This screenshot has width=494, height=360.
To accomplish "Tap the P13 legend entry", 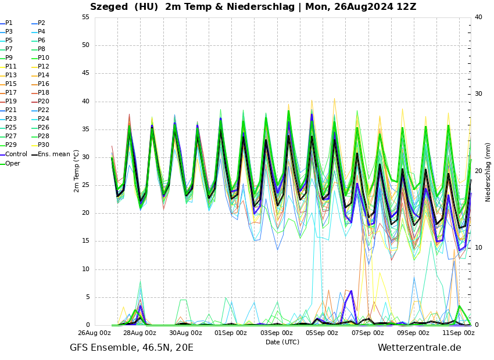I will [x=11, y=75].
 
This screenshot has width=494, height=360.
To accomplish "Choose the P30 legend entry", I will [x=44, y=145].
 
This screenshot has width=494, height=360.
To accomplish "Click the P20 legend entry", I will [x=44, y=102].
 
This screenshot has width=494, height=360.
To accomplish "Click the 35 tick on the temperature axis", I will [x=85, y=129].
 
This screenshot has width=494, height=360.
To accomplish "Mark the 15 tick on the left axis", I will [x=85, y=241].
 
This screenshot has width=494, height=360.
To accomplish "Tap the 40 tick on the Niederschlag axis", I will [x=478, y=17].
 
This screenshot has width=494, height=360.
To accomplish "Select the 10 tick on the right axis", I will [x=478, y=248].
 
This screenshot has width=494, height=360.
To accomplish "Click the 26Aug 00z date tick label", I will [x=94, y=333].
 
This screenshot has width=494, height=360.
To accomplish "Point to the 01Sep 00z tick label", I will [x=231, y=333].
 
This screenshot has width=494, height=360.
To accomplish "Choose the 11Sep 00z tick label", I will [x=459, y=333].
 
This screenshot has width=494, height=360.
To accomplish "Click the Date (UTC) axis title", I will [x=282, y=342].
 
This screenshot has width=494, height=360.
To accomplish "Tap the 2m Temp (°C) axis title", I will [x=77, y=171].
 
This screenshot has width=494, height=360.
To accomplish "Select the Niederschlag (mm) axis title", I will [x=488, y=172].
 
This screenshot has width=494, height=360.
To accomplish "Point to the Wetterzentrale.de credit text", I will [x=419, y=348].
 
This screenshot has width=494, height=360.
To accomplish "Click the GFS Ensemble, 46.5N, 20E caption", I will [x=131, y=348].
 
